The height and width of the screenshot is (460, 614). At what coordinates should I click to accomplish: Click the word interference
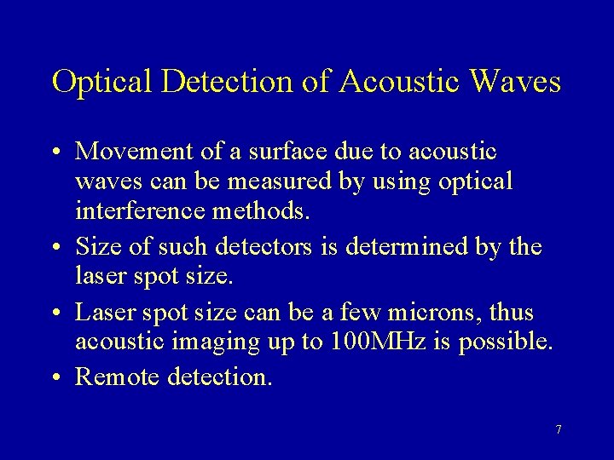click(x=138, y=211)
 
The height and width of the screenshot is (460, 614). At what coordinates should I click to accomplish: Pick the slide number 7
click(x=559, y=429)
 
